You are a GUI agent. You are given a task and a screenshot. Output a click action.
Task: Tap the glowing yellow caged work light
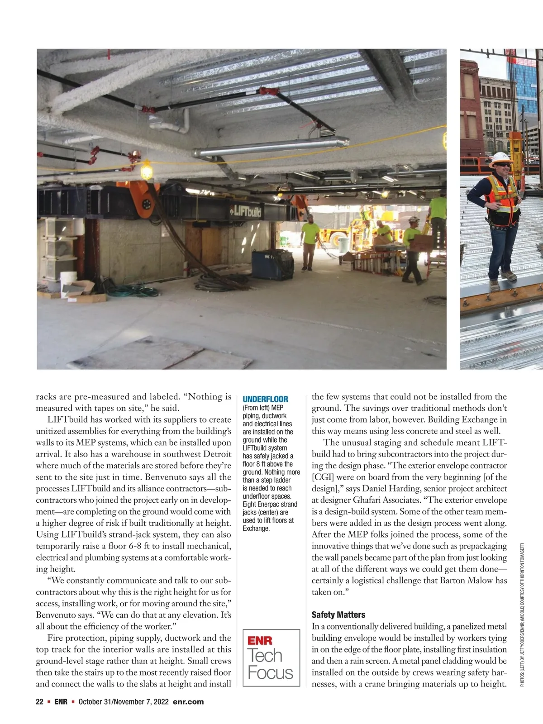(146, 171)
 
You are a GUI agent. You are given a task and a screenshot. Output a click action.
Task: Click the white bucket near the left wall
(68, 280)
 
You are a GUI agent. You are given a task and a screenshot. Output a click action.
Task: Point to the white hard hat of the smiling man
(501, 159)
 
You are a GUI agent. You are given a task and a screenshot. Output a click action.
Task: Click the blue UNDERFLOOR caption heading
(265, 399)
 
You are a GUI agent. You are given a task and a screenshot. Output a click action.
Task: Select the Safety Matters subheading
(338, 614)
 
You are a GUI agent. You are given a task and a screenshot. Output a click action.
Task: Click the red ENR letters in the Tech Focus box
(260, 641)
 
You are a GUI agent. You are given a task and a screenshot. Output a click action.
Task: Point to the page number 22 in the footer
(39, 702)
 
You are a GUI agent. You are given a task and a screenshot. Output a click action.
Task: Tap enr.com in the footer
(188, 702)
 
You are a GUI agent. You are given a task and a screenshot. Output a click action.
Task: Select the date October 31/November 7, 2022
(124, 702)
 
